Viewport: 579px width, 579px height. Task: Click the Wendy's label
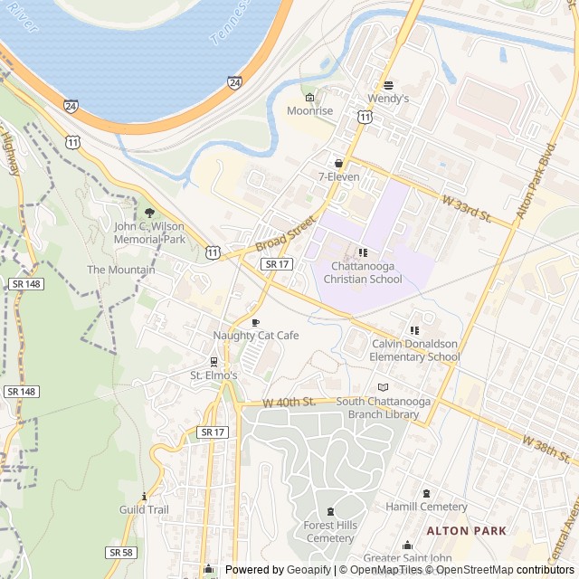click(388, 98)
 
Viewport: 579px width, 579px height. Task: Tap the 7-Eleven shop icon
click(339, 163)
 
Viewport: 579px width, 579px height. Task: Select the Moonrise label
click(310, 110)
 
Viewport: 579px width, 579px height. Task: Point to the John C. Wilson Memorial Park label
click(149, 233)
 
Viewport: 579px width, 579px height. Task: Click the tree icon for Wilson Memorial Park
click(149, 214)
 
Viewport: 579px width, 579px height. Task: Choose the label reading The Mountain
click(120, 270)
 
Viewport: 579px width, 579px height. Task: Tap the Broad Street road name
click(285, 233)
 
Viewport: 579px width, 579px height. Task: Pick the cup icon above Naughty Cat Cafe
click(255, 322)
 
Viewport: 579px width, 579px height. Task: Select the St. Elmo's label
click(214, 375)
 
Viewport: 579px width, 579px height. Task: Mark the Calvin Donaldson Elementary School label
click(415, 350)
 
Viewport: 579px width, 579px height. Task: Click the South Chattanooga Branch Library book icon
click(382, 387)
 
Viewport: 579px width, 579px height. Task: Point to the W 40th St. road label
click(289, 401)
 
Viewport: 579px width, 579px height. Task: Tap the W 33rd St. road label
click(466, 209)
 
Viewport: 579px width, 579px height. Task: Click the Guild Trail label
click(144, 509)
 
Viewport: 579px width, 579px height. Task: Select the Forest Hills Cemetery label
click(329, 532)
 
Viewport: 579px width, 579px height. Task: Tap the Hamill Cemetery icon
click(427, 493)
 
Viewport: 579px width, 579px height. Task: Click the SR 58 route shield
click(121, 552)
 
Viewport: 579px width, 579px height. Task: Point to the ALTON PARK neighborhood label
click(466, 530)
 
